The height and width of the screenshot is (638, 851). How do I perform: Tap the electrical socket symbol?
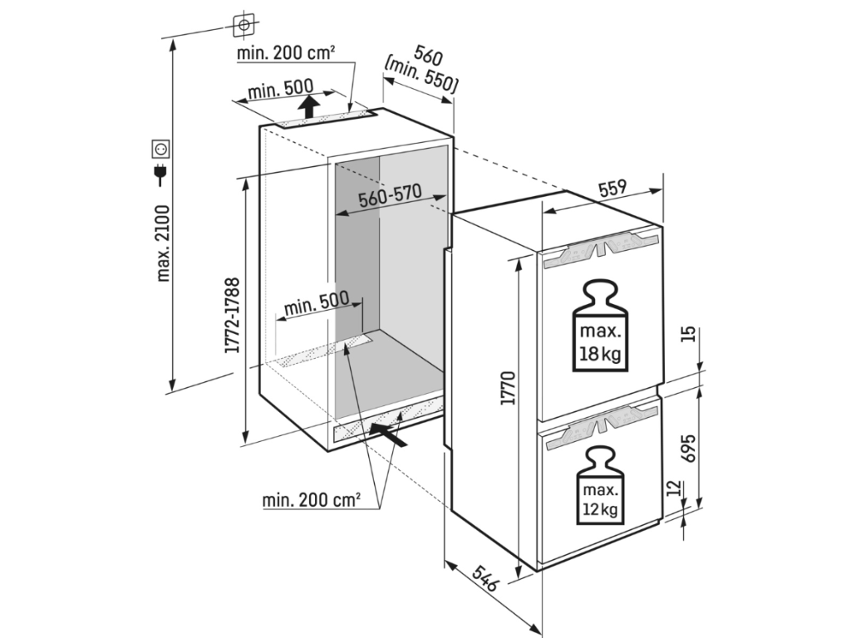[x=160, y=150]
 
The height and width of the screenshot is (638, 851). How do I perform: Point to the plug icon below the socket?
[x=160, y=173]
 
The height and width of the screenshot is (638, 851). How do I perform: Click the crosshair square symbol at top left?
[x=243, y=26]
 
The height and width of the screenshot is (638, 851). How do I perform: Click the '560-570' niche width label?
[x=390, y=197]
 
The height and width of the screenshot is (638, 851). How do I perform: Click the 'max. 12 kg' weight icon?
[x=598, y=485]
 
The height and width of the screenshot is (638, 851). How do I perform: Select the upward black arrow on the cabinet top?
[x=308, y=106]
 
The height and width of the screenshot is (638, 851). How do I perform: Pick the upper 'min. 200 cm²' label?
[x=286, y=54]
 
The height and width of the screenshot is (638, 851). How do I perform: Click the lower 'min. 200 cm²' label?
[x=312, y=500]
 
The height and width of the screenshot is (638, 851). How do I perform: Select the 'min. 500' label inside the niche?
[x=312, y=308]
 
